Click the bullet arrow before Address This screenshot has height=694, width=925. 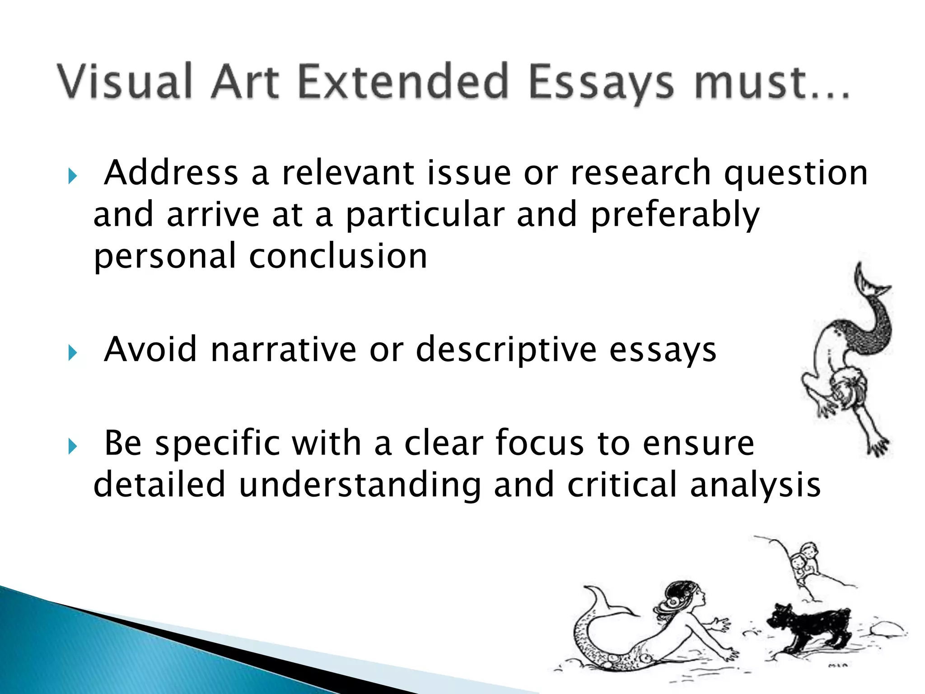tap(72, 176)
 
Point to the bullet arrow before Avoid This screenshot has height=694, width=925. tap(72, 352)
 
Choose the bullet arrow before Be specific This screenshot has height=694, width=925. tap(72, 446)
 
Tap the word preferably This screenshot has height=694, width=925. tap(675, 216)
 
